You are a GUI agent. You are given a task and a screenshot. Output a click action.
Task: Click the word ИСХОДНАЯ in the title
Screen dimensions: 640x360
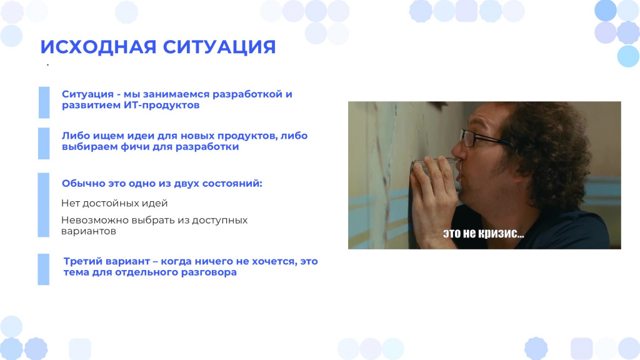[x=98, y=47]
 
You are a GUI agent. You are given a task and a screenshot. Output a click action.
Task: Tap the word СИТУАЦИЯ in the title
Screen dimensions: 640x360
[x=219, y=47]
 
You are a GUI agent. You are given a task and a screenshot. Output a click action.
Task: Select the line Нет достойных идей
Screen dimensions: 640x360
[x=114, y=203]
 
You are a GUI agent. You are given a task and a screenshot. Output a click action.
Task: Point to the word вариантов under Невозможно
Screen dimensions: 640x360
[x=89, y=231]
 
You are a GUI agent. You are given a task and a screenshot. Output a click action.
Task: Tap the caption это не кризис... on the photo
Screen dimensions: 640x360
[x=484, y=234]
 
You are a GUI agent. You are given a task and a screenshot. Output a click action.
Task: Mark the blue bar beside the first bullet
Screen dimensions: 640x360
[x=44, y=102]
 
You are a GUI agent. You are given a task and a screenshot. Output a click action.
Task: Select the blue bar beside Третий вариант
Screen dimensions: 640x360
[x=44, y=269]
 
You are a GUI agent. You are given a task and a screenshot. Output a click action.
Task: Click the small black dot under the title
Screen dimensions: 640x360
[x=47, y=65]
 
